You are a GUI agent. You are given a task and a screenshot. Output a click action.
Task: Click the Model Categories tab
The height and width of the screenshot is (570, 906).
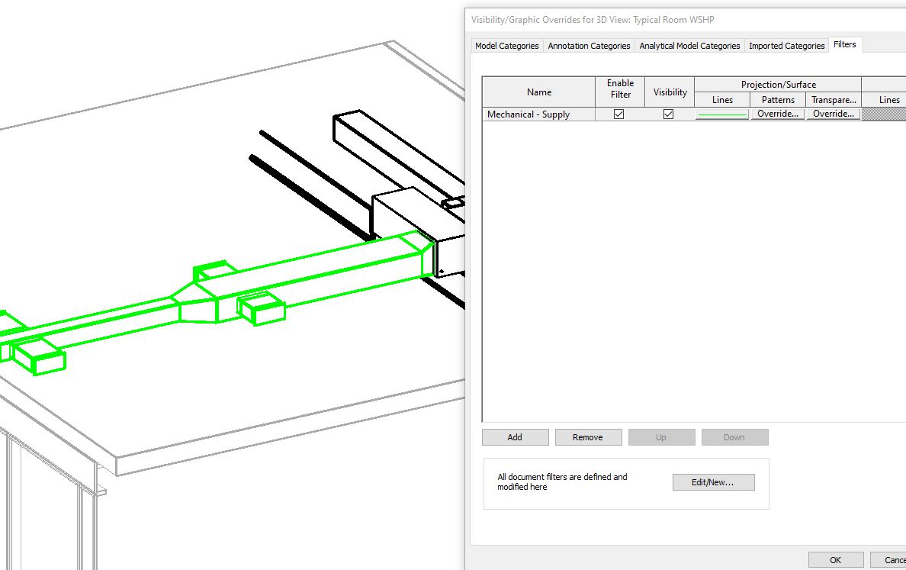point(506,46)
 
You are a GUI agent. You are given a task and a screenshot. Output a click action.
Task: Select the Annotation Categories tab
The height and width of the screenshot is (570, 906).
point(589,46)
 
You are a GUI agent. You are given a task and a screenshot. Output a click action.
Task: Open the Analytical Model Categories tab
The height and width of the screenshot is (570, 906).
point(689,46)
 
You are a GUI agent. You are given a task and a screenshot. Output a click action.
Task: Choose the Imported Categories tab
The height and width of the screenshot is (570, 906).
point(786,46)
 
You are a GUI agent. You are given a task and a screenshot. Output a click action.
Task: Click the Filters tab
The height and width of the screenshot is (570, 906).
point(844,44)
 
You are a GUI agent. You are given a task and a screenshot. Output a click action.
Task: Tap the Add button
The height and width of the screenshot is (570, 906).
point(515,437)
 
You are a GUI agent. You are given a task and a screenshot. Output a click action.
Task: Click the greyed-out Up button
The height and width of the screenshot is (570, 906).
point(661,437)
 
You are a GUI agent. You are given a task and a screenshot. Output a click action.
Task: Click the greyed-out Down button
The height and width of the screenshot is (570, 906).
point(734,437)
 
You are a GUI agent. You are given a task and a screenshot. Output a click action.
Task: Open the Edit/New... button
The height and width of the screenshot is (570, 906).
point(713,482)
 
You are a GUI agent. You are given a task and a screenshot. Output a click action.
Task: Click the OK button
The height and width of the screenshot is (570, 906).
point(836,560)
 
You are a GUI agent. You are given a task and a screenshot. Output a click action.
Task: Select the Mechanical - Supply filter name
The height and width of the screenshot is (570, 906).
point(528,114)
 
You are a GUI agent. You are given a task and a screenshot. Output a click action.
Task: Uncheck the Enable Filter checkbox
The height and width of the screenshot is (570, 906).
point(619,114)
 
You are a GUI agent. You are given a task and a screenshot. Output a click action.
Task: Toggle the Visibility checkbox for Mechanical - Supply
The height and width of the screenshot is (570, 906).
point(669,114)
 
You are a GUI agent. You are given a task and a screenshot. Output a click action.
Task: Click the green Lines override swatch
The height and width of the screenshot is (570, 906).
point(722,114)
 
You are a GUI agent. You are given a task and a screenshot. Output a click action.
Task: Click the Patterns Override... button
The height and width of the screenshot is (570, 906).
point(778,114)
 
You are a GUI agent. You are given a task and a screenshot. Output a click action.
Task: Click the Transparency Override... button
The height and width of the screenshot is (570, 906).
point(833,114)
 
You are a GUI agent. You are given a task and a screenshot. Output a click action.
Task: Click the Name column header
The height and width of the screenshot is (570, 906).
point(538,92)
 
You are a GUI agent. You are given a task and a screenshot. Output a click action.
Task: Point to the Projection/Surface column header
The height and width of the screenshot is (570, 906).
point(778,85)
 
